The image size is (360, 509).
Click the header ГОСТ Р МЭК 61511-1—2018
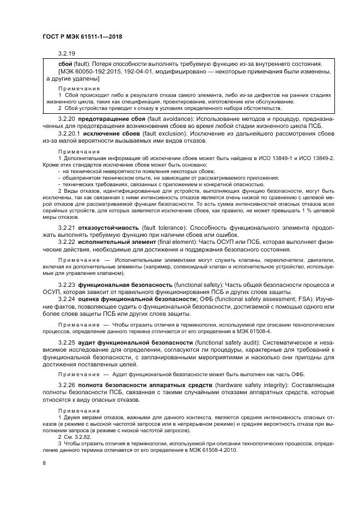(x=83, y=36)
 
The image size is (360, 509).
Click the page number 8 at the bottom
(x=44, y=463)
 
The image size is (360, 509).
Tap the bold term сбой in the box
(x=65, y=64)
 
